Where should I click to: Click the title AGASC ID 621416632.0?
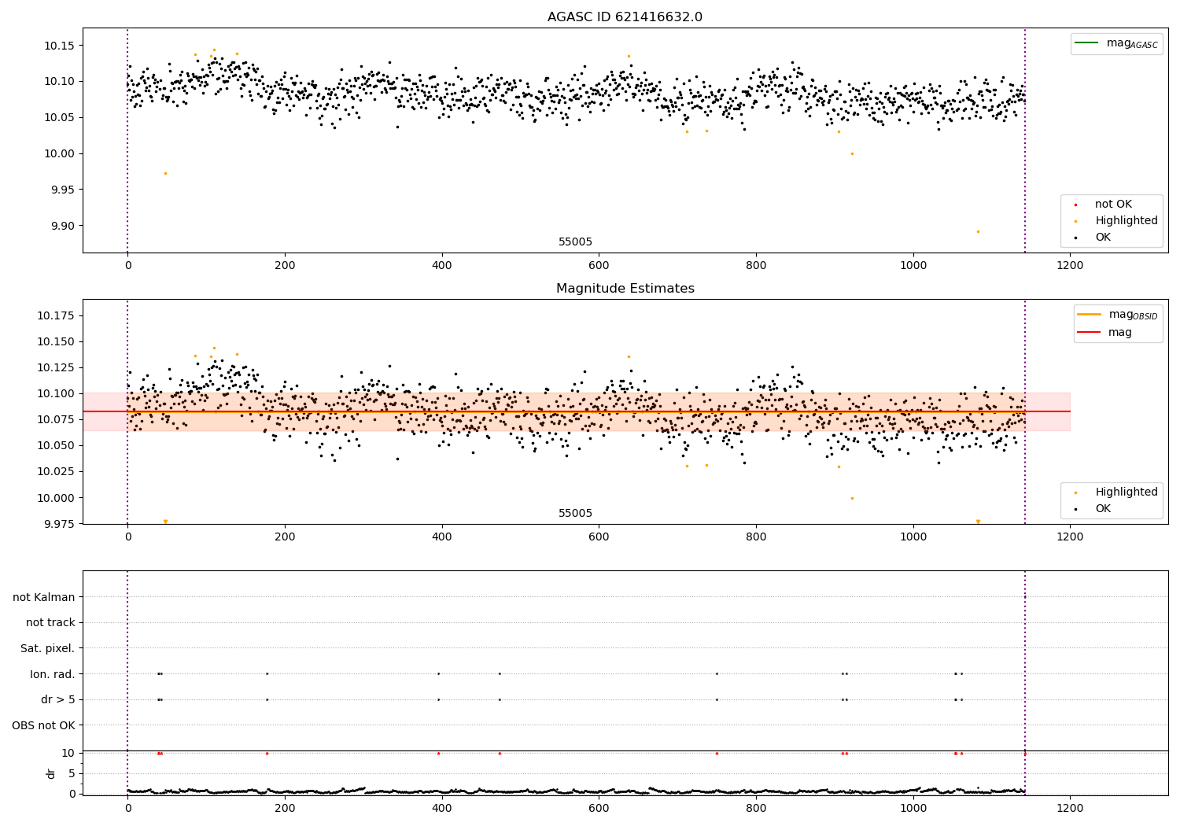coord(625,17)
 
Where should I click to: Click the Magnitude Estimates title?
coord(625,289)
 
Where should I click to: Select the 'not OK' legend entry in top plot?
coord(1113,205)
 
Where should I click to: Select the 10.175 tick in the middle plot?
coord(57,315)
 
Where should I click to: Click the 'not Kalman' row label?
coord(44,597)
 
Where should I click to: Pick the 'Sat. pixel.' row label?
coord(48,648)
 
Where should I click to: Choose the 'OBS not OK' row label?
coord(44,725)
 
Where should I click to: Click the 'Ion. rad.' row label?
coord(53,674)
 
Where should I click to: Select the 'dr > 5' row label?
coord(58,699)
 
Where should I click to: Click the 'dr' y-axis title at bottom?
coord(51,773)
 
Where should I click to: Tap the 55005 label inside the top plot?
coord(575,242)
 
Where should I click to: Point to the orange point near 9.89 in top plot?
coord(978,231)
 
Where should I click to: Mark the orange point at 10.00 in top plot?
coord(852,153)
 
